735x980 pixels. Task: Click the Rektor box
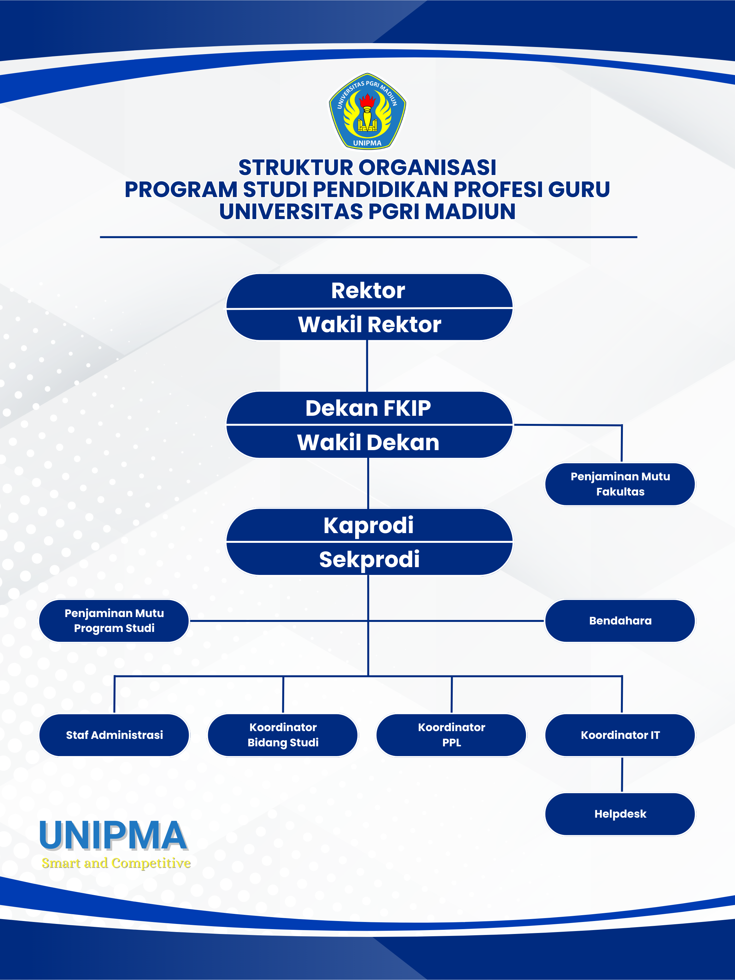click(368, 291)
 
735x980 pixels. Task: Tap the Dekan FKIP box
click(368, 408)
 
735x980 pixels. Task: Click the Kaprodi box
click(368, 525)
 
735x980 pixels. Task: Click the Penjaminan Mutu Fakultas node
click(620, 484)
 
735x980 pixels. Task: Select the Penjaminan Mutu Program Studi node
click(114, 621)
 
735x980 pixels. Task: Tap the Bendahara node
click(620, 621)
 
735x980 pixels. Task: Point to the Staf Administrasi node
click(114, 735)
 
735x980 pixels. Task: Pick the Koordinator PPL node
click(451, 735)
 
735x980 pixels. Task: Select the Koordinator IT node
click(620, 735)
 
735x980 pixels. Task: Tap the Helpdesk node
click(620, 814)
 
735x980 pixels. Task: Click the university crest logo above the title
click(367, 111)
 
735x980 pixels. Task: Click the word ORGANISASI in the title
click(427, 168)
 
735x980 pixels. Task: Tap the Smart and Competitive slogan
click(116, 863)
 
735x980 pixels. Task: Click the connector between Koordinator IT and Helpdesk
click(622, 775)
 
